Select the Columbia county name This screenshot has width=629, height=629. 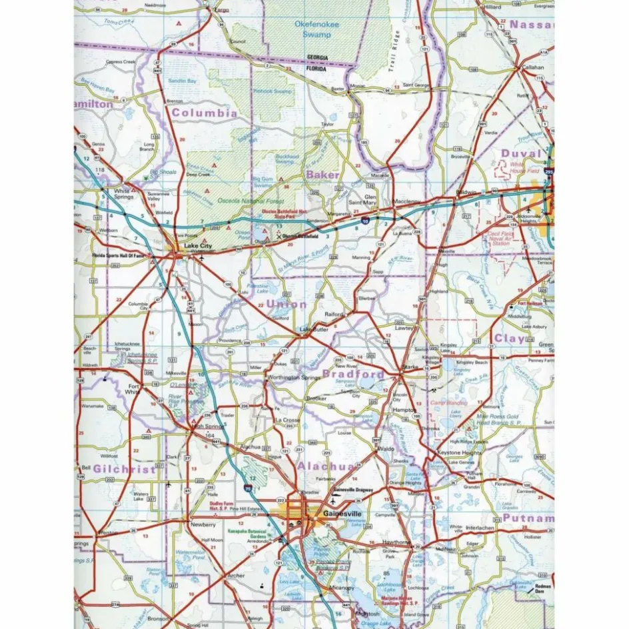coord(205,113)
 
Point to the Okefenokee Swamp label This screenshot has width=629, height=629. coord(317,29)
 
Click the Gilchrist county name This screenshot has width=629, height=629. coord(125,468)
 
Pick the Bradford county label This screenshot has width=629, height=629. coord(353,374)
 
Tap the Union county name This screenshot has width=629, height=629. coord(287,305)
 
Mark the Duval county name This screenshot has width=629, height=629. coord(522,153)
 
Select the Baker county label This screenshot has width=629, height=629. coord(323,175)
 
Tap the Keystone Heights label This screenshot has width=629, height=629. coord(459,452)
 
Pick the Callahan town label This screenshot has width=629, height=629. coord(533,67)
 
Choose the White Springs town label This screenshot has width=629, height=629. coord(123,194)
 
